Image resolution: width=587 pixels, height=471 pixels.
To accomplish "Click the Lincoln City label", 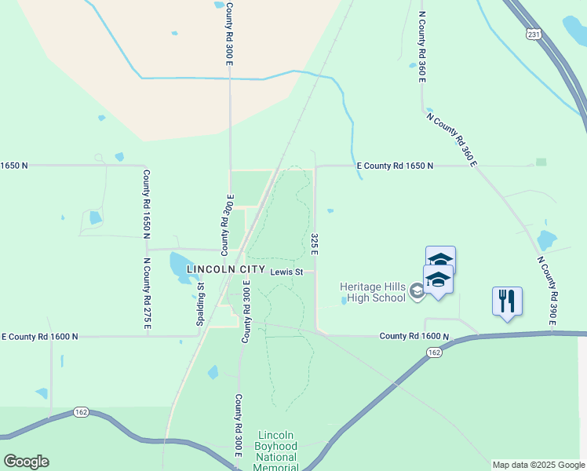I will tap(226, 269).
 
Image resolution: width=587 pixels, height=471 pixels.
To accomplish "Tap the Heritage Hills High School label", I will tap(373, 291).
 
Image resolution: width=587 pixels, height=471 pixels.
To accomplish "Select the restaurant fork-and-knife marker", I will tap(507, 301).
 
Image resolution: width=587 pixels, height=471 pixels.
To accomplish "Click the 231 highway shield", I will tap(534, 35).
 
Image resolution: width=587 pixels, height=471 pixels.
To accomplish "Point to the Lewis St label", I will tap(286, 272).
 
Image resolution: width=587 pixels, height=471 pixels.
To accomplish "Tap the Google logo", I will tap(26, 462).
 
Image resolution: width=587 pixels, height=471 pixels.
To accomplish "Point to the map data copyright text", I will tap(538, 465).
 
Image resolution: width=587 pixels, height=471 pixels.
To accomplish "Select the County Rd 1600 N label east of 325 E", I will tap(414, 336).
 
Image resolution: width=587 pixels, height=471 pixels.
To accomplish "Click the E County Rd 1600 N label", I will tap(40, 336).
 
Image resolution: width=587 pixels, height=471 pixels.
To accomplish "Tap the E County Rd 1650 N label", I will tap(395, 166).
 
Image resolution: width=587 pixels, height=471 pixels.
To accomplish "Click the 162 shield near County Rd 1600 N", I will tap(435, 353).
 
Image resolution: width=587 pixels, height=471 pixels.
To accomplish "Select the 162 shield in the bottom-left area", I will tap(81, 411).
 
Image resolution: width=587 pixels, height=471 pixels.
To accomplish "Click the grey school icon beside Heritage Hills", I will tap(417, 292).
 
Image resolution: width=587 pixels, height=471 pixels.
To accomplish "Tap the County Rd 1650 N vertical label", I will tap(147, 203).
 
